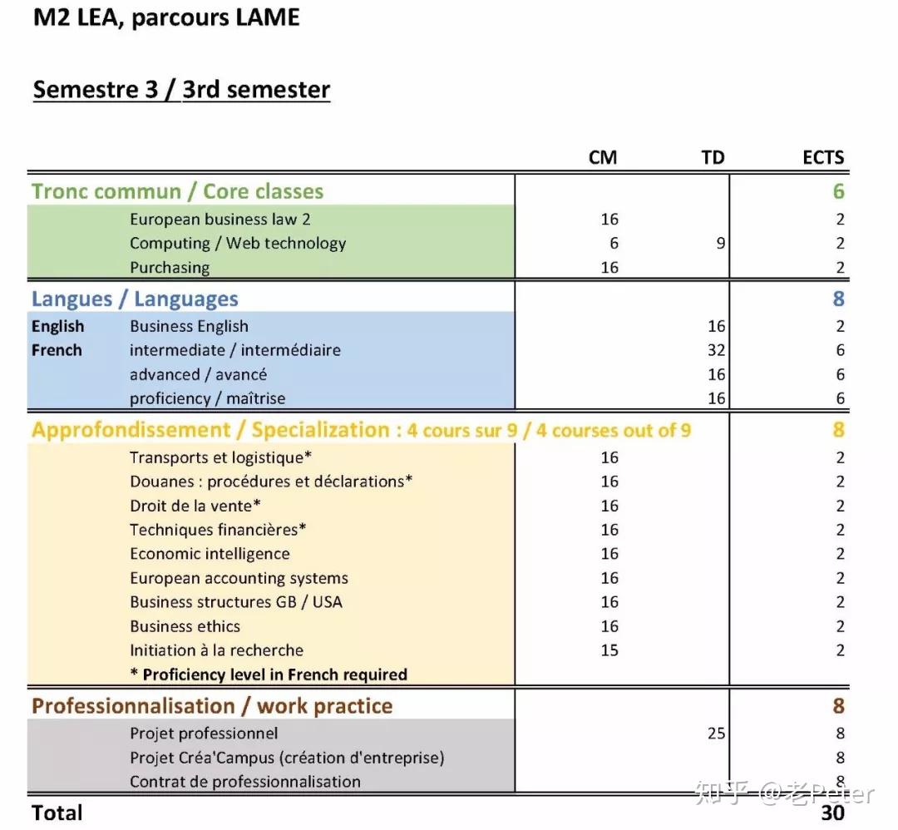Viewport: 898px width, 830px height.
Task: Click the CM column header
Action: pos(603,157)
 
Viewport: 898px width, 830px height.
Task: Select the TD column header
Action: pos(713,157)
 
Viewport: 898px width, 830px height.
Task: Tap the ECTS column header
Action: pos(823,157)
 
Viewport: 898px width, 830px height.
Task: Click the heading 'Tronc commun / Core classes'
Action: pos(177,191)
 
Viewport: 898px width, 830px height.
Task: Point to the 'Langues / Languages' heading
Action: pos(135,299)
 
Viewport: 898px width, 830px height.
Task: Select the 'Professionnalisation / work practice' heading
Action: pos(212,706)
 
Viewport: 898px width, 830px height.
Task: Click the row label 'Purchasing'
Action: pos(170,267)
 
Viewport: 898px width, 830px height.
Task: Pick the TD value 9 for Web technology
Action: pos(721,243)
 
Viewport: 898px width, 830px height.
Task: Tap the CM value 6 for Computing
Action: pos(614,243)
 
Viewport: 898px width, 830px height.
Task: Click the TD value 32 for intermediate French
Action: pos(716,350)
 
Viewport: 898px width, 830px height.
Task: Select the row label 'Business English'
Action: pos(189,326)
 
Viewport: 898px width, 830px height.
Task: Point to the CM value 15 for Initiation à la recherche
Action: pos(609,650)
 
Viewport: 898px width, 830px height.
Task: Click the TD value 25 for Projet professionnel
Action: pos(716,734)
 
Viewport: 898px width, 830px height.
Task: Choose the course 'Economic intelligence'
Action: pos(210,554)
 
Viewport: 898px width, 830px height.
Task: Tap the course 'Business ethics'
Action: pos(185,626)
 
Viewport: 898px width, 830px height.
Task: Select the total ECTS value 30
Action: pos(832,813)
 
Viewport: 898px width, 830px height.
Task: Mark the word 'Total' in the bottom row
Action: pos(57,813)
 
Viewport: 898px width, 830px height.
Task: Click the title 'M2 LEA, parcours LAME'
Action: pos(166,18)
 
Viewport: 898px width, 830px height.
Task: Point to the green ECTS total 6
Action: pos(838,191)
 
